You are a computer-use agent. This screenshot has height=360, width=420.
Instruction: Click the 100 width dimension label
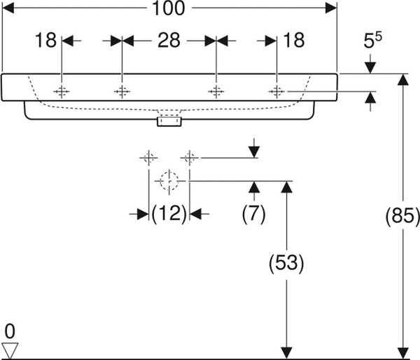coord(169,8)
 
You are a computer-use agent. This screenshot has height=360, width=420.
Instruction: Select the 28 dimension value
coord(169,41)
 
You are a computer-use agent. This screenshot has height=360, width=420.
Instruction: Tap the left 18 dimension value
coord(45,40)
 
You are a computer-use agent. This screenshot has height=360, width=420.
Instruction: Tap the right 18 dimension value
coord(293,40)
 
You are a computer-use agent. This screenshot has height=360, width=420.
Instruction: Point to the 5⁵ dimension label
coord(372,40)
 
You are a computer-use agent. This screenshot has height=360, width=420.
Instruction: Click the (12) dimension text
coord(169,214)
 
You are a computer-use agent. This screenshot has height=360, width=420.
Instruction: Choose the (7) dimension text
coord(253,214)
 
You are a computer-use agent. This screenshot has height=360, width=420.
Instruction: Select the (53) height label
coord(286,263)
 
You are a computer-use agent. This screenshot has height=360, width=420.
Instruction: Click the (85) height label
coord(402,216)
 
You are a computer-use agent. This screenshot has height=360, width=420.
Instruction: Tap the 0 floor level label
coord(10,331)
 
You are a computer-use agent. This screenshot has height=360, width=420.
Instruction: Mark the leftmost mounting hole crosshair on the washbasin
coord(62,92)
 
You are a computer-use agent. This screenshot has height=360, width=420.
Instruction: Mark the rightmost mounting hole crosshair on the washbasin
coord(276,92)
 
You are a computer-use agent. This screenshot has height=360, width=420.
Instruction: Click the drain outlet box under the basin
coord(169,121)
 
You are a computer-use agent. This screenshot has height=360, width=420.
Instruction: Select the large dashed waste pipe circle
coord(169,181)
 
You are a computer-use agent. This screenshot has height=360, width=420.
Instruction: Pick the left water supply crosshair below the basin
coord(148,158)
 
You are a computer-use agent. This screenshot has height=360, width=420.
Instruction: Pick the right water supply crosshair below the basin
coord(190,158)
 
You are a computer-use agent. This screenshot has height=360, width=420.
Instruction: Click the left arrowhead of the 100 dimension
coord(8,8)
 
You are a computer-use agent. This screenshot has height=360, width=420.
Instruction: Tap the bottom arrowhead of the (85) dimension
coord(403,352)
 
